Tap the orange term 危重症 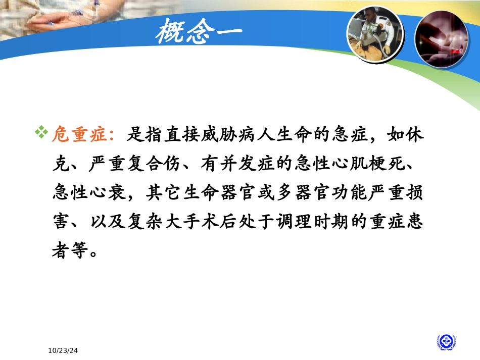81,136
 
